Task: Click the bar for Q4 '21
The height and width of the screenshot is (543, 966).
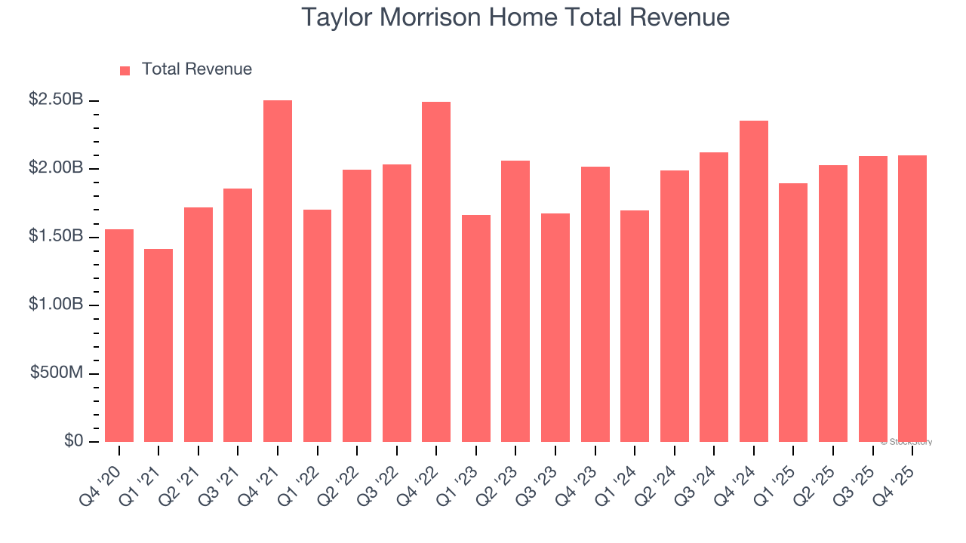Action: (278, 271)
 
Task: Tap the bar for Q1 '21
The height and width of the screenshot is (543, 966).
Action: (158, 345)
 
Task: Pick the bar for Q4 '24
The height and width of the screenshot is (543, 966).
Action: (754, 281)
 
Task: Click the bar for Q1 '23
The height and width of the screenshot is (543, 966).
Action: (476, 329)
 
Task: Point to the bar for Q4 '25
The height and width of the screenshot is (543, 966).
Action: (912, 299)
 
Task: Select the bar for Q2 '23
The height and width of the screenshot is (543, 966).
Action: (515, 302)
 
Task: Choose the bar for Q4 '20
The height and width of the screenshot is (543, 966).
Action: (119, 336)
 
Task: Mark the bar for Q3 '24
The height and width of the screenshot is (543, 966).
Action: (714, 297)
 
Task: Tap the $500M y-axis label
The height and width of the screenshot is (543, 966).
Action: (57, 373)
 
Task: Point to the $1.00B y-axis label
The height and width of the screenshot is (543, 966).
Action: (57, 305)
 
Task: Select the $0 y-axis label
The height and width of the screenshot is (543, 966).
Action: (73, 441)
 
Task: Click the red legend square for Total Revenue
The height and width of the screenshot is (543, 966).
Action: (125, 70)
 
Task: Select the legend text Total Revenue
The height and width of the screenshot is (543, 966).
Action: (196, 69)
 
